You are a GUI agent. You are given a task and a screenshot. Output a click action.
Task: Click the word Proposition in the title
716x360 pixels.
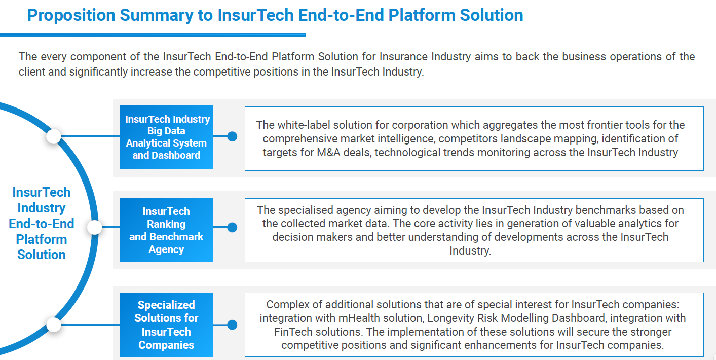[x=71, y=15]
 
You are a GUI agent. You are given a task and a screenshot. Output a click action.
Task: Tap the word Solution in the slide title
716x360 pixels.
[x=492, y=15]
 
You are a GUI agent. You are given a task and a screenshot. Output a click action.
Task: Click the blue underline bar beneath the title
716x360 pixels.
[x=153, y=35]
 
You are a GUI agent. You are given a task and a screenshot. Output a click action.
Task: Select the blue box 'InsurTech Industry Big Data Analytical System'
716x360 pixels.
[x=166, y=137]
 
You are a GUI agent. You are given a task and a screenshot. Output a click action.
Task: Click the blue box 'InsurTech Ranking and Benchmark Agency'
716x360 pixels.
[x=166, y=230]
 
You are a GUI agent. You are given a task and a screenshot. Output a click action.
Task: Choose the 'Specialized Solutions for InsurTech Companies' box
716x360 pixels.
[x=166, y=325]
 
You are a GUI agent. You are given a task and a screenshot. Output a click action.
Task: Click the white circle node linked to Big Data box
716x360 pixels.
[x=54, y=136]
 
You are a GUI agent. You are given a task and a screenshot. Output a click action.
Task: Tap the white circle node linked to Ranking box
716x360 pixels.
[x=95, y=227]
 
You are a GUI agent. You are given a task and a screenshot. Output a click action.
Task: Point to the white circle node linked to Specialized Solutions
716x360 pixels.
[x=54, y=325]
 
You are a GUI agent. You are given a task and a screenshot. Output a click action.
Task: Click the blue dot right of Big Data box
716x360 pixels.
[x=233, y=136]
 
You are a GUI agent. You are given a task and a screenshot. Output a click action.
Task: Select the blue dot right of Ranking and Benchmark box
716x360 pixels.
[x=233, y=227]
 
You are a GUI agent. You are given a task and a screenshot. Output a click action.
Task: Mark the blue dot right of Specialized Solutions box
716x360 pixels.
[x=233, y=325]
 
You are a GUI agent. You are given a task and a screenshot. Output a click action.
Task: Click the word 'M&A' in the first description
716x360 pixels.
[x=328, y=153]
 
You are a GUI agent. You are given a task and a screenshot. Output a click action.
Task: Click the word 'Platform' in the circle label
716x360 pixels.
[x=42, y=239]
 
